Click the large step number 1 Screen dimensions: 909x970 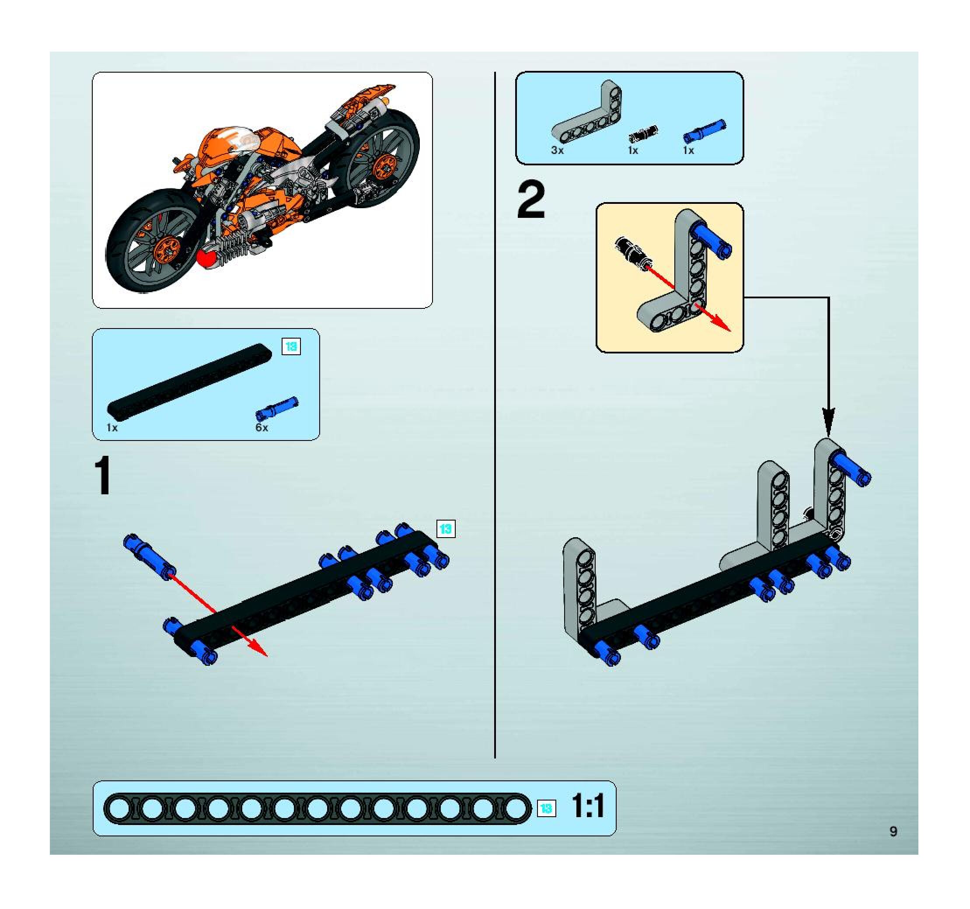pos(103,476)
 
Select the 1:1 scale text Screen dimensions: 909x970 pos(587,806)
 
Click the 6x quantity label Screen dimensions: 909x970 pos(262,428)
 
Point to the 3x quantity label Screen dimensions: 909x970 pos(557,151)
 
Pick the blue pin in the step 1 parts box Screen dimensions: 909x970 pos(277,408)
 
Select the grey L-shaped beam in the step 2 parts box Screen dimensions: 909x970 pos(590,117)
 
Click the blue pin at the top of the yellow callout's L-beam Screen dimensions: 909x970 pos(712,240)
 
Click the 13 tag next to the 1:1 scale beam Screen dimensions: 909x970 pos(546,808)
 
